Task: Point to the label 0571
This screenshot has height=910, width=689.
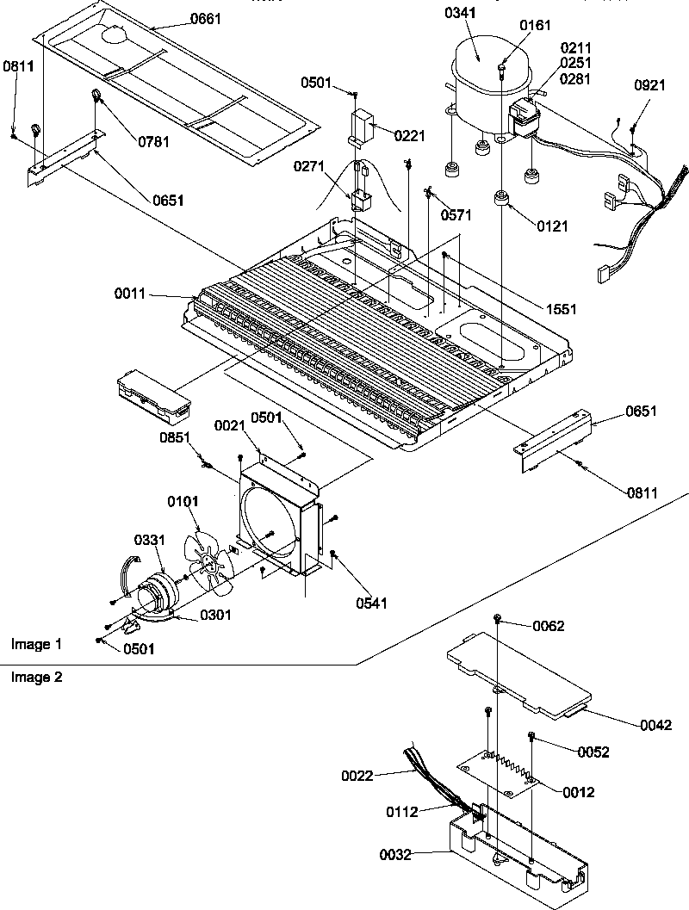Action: coord(456,214)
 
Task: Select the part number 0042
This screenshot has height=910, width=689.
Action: coord(655,727)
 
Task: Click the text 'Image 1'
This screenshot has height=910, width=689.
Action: coord(36,644)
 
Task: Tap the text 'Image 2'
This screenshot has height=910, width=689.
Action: coord(36,677)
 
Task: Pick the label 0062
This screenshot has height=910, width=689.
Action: coord(549,626)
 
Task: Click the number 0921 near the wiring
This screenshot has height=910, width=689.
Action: coord(650,85)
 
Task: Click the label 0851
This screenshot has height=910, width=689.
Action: coord(175,437)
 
